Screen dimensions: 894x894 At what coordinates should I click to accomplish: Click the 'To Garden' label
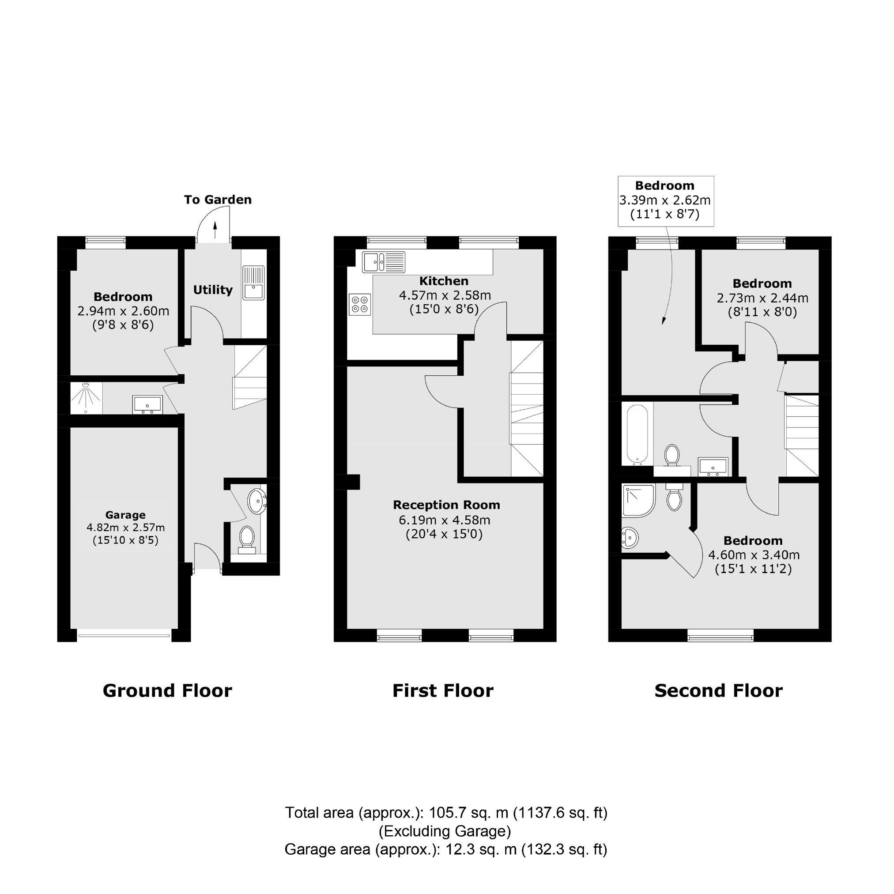click(x=218, y=200)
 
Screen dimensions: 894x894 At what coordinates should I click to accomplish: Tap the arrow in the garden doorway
click(x=215, y=230)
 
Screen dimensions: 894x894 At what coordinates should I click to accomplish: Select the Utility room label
click(x=212, y=290)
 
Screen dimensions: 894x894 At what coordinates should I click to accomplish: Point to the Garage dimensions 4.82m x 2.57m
click(x=125, y=528)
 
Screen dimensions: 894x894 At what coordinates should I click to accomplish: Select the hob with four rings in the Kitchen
click(x=360, y=305)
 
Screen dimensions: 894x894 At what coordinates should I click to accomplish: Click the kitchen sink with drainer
click(x=384, y=262)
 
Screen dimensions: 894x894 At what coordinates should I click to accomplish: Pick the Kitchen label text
click(x=444, y=281)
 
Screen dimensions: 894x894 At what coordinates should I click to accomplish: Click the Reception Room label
click(x=446, y=505)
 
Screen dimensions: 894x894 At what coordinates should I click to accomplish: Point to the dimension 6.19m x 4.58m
click(x=445, y=520)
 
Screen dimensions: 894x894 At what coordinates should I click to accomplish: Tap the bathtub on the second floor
click(x=637, y=434)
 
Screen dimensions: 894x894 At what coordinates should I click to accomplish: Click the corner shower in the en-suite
click(x=638, y=501)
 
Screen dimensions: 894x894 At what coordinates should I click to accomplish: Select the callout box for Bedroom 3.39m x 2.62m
click(x=666, y=201)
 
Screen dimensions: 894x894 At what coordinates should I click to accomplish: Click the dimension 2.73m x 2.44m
click(x=762, y=298)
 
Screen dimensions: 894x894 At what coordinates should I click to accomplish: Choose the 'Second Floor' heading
click(x=719, y=691)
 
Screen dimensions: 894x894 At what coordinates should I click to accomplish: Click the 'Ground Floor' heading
click(x=167, y=691)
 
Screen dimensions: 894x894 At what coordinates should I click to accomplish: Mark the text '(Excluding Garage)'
click(x=445, y=831)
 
